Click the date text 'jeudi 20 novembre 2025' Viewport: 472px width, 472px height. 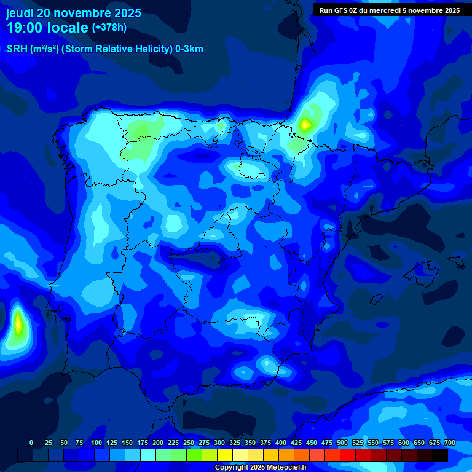73,13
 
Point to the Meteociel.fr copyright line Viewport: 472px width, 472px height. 261,467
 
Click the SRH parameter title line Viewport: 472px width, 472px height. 104,49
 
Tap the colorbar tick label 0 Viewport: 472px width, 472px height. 31,442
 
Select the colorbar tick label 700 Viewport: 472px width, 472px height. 449,442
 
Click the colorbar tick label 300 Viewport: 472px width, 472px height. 219,442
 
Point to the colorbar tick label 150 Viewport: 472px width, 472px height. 127,442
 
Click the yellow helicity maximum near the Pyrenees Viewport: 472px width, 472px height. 305,125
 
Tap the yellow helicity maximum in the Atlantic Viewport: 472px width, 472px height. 18,323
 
